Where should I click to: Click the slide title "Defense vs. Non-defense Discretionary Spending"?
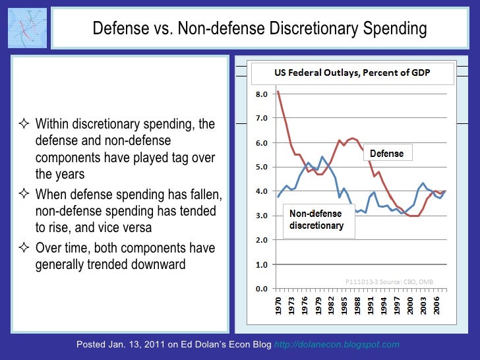[x=259, y=29]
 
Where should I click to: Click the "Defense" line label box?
[x=386, y=154]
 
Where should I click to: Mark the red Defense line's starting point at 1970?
[x=278, y=92]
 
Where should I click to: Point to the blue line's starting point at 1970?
[x=278, y=196]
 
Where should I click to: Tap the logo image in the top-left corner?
[x=28, y=28]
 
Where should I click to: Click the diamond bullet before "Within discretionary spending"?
[x=24, y=125]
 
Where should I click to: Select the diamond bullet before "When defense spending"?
[x=24, y=195]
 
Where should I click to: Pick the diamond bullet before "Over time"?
[x=24, y=249]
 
